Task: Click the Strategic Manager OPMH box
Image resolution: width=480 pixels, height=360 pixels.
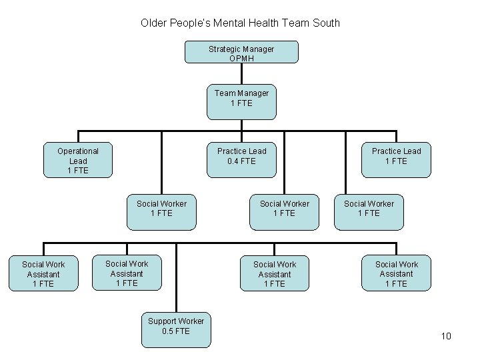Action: click(x=241, y=53)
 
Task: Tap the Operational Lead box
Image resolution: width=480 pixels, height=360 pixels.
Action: click(x=77, y=161)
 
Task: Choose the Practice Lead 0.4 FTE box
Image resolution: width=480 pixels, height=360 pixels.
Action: click(x=241, y=160)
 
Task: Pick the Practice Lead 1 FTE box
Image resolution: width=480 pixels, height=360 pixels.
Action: click(x=396, y=160)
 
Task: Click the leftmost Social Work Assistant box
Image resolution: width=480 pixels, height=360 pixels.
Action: click(x=43, y=274)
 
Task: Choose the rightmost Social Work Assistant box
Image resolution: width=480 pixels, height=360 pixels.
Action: click(x=396, y=274)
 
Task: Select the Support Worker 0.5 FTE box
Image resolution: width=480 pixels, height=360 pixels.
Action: click(x=176, y=330)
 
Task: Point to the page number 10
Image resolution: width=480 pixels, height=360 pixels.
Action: click(x=446, y=336)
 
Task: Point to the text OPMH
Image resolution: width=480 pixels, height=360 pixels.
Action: click(x=241, y=59)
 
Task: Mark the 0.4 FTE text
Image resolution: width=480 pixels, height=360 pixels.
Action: click(x=241, y=161)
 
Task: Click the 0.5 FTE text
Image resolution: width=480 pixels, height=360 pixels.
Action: click(x=176, y=331)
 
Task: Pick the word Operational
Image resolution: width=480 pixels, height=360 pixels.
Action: click(x=78, y=151)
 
